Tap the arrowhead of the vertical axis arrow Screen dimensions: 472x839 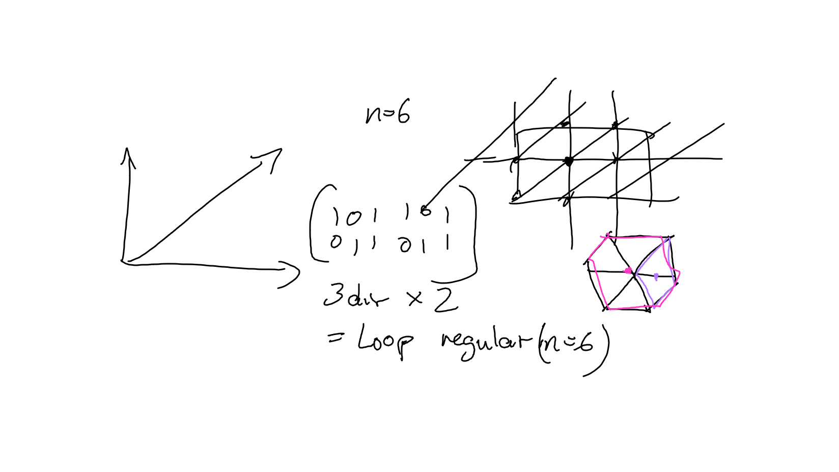pyautogui.click(x=128, y=155)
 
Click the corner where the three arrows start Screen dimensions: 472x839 pyautogui.click(x=124, y=261)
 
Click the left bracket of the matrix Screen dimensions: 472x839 pyautogui.click(x=317, y=224)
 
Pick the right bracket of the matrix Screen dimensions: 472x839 pyautogui.click(x=472, y=234)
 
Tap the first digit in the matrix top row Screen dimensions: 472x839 pyautogui.click(x=335, y=216)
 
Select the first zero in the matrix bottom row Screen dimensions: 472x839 pyautogui.click(x=335, y=242)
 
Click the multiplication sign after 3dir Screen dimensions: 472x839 pyautogui.click(x=415, y=298)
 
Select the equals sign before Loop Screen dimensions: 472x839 pyautogui.click(x=335, y=337)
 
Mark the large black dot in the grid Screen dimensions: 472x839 pyautogui.click(x=569, y=161)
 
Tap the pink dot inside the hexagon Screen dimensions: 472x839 pyautogui.click(x=628, y=270)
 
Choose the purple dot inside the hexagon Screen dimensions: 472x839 pyautogui.click(x=656, y=276)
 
